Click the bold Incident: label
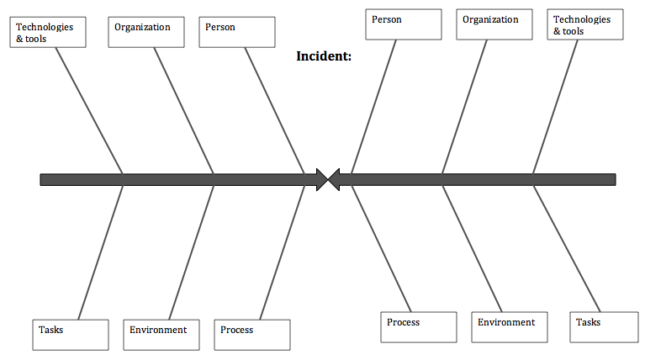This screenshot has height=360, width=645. (x=324, y=57)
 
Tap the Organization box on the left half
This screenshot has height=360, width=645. (x=146, y=32)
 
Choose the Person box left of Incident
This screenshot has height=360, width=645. (x=237, y=32)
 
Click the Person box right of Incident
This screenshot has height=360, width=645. (x=403, y=24)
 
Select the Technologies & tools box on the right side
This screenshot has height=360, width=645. (x=585, y=24)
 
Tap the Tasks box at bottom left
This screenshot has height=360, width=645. (x=71, y=334)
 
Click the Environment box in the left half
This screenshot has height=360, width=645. (x=161, y=334)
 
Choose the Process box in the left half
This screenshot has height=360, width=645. (x=252, y=334)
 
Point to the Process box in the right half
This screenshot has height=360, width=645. (x=418, y=327)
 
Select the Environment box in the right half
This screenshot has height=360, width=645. (x=509, y=327)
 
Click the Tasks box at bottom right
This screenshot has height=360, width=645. (x=600, y=327)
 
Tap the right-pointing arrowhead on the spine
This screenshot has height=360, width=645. (x=320, y=179)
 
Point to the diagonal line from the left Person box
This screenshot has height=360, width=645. (x=273, y=109)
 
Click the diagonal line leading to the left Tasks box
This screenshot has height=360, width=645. (x=101, y=252)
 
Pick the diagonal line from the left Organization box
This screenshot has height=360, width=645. (x=182, y=109)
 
